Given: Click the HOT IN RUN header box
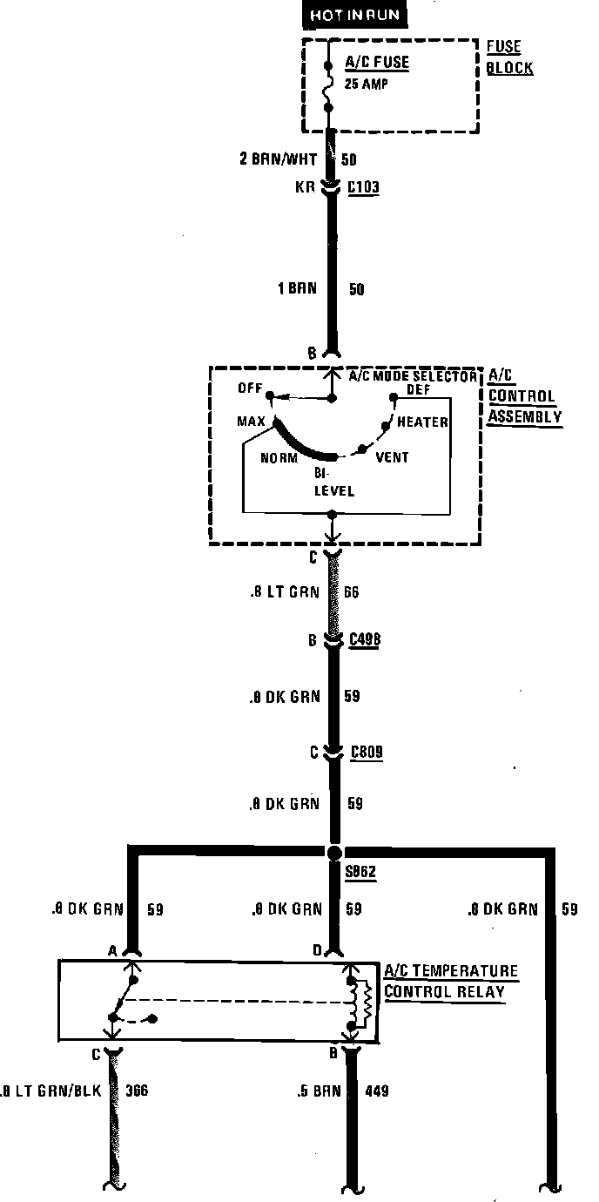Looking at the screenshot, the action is click(347, 15).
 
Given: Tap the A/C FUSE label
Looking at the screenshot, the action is click(376, 63).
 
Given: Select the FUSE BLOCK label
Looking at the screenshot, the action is click(509, 57).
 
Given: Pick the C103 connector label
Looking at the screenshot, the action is click(364, 187).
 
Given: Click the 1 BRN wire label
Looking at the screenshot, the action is click(298, 288).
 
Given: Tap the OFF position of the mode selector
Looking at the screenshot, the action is click(250, 389).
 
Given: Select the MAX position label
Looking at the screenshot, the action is click(252, 422).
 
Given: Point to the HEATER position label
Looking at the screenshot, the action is click(422, 422).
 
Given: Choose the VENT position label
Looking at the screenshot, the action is click(392, 457).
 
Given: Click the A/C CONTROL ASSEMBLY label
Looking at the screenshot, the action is click(523, 396).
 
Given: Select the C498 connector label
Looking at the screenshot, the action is click(365, 641).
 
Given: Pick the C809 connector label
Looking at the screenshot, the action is click(367, 752).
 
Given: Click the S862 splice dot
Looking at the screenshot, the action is click(334, 851).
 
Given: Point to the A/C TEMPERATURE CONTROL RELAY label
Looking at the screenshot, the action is click(450, 982).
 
